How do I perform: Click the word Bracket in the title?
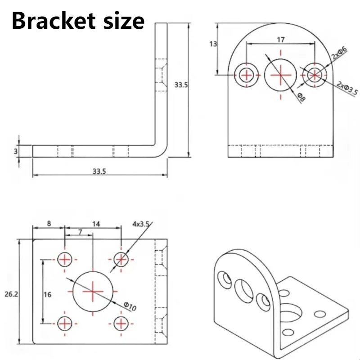[54, 21]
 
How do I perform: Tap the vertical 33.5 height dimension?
[181, 85]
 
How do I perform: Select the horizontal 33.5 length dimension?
[99, 171]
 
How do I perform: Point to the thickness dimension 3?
[16, 151]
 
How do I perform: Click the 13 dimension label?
[213, 44]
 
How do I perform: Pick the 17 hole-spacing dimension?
[280, 40]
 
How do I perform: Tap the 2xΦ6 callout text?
[339, 53]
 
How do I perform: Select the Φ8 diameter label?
[301, 97]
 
